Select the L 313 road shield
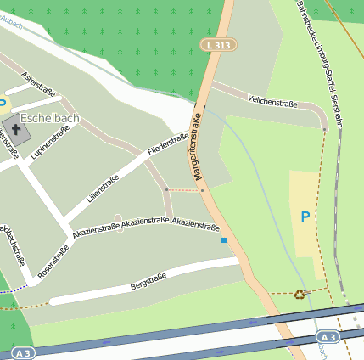218,44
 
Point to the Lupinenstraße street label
48,143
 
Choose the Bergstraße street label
148,281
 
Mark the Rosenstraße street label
53,261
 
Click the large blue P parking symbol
305,217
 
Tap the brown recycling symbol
299,295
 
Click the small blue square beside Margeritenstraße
224,240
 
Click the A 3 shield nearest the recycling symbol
328,337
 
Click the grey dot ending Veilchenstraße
324,129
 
